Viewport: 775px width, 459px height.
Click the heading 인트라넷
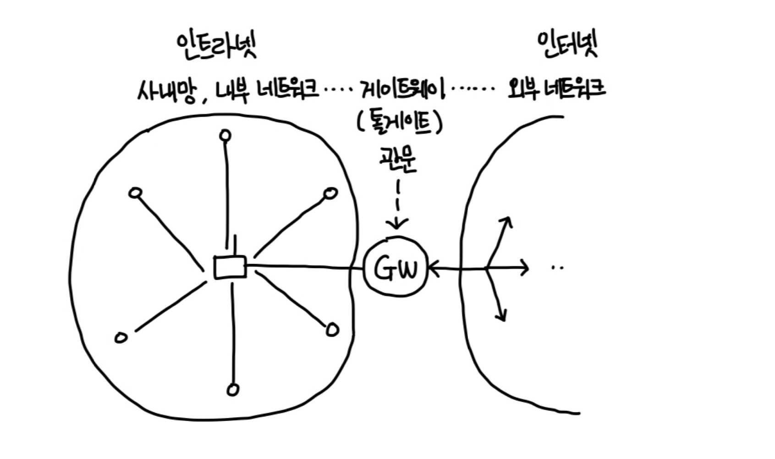click(x=216, y=47)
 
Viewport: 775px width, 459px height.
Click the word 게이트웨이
click(x=403, y=89)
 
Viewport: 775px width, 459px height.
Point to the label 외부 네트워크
click(x=556, y=89)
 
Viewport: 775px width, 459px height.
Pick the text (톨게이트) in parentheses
click(x=399, y=123)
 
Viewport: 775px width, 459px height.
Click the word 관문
click(x=397, y=161)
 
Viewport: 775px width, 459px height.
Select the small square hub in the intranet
click(x=230, y=267)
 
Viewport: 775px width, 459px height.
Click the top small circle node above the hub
click(x=225, y=135)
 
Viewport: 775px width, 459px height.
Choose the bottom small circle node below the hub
click(x=233, y=390)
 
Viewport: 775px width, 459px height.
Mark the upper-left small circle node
click(x=135, y=193)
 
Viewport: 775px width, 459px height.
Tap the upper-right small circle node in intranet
click(x=330, y=194)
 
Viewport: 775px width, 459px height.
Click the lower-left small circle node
click(x=121, y=338)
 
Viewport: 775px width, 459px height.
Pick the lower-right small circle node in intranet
click(x=333, y=330)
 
